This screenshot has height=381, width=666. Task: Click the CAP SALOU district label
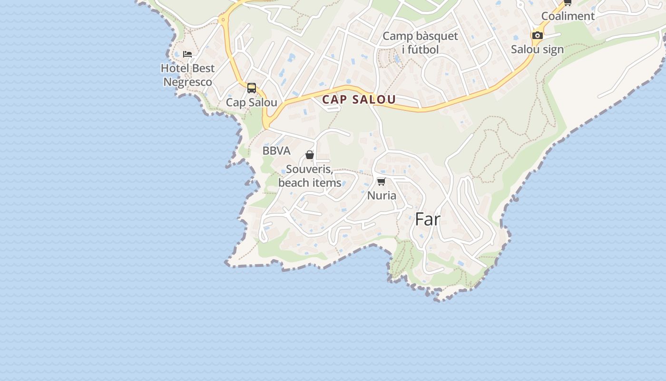[x=359, y=100]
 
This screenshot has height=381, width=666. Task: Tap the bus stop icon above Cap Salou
[x=252, y=88]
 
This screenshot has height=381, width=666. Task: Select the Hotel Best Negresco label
[x=188, y=75]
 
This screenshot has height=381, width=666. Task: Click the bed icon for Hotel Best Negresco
[x=187, y=54]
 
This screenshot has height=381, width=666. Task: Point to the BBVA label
[x=276, y=151]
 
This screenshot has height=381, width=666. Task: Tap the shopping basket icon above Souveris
[x=310, y=155]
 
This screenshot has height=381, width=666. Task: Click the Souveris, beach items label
[x=310, y=176]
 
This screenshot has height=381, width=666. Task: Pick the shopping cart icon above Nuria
[x=381, y=181]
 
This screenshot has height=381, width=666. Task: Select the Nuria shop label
[x=382, y=195]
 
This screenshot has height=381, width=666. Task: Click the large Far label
[x=428, y=219]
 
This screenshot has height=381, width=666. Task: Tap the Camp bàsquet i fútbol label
[x=420, y=43]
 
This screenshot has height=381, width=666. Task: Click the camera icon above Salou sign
[x=537, y=35]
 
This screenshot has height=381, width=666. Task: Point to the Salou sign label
[x=537, y=49]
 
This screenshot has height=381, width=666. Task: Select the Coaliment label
[x=568, y=16]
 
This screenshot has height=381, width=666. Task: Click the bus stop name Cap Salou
[x=252, y=102]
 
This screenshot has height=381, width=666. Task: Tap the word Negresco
[x=188, y=82]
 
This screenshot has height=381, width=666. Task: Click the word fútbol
[x=420, y=50]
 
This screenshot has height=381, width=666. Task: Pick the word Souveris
[x=309, y=170]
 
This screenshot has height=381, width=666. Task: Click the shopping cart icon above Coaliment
[x=568, y=2]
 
